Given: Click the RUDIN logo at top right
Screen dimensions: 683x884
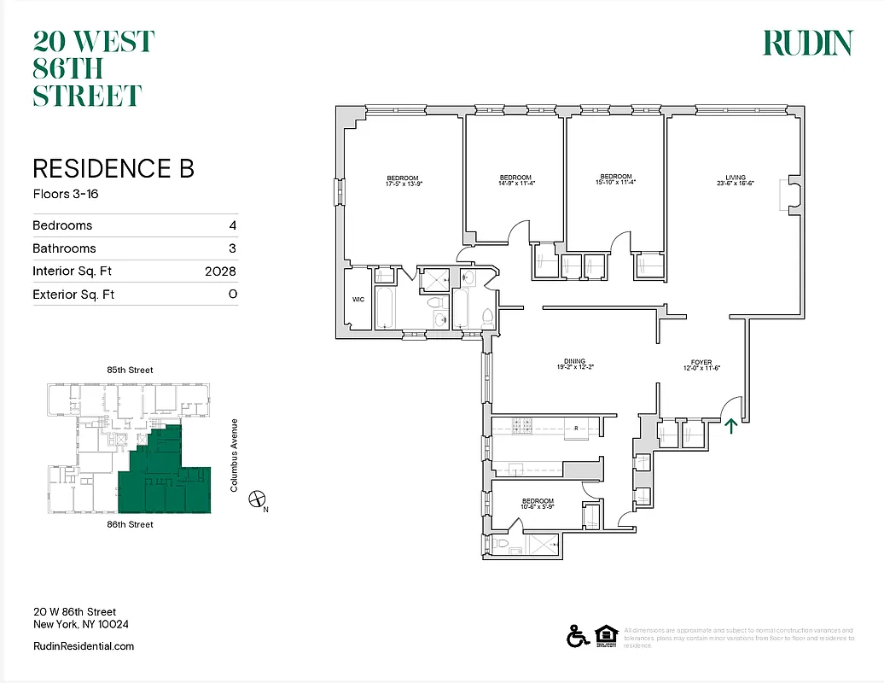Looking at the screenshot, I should pos(806,43).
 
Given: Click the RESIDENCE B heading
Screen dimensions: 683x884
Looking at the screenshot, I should pos(113,168).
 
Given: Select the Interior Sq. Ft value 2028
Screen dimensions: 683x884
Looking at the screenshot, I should pos(220,271).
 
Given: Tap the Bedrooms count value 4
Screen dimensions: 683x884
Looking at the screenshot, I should pos(232,225).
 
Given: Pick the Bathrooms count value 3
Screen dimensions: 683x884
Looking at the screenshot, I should pos(232,248).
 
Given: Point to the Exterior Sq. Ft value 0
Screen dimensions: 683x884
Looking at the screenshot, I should pos(232,295).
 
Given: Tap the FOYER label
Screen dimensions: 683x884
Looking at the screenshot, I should pos(701,364).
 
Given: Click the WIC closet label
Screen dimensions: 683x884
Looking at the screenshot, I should pos(358,300).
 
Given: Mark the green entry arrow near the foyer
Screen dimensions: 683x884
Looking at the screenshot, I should pos(730,425).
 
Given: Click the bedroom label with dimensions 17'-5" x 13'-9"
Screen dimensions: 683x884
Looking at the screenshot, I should pos(403,180).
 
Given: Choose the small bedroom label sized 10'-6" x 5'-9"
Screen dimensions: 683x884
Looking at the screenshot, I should pos(538,504).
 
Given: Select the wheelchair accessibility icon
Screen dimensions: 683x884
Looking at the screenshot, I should pos(576,635).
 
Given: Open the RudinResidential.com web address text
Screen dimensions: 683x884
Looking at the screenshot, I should pos(84,646).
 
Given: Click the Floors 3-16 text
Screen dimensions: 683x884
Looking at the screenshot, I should pos(66,194).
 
